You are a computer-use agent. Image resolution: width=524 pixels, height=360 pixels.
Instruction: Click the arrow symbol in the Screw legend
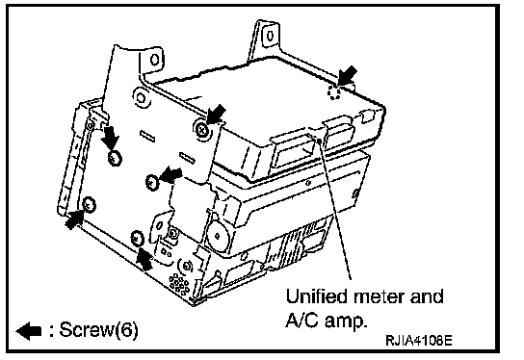pyautogui.click(x=29, y=331)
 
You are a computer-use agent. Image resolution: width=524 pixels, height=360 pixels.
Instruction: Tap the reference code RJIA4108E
pyautogui.click(x=419, y=341)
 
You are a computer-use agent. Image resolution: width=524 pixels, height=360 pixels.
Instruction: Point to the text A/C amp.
pyautogui.click(x=326, y=321)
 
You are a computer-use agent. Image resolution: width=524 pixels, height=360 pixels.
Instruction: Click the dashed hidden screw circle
pyautogui.click(x=334, y=91)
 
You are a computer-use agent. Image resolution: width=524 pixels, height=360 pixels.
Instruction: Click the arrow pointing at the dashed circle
pyautogui.click(x=348, y=75)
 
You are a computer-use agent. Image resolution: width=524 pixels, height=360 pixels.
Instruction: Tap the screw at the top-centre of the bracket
pyautogui.click(x=201, y=129)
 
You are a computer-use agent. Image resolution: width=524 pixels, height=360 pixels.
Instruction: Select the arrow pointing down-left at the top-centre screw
pyautogui.click(x=216, y=114)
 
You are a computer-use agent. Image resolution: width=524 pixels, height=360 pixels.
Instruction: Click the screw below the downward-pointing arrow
pyautogui.click(x=115, y=157)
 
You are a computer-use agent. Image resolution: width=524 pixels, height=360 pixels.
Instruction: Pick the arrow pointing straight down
pyautogui.click(x=110, y=138)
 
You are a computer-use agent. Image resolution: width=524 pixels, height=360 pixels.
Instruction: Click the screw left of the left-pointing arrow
pyautogui.click(x=152, y=182)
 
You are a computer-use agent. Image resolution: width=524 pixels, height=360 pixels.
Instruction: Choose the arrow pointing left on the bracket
pyautogui.click(x=171, y=174)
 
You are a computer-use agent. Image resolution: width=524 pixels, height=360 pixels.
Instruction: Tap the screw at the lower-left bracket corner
pyautogui.click(x=89, y=205)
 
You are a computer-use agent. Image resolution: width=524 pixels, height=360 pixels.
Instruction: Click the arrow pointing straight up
pyautogui.click(x=144, y=259)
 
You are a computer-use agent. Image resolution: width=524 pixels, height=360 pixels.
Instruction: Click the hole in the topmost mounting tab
pyautogui.click(x=270, y=36)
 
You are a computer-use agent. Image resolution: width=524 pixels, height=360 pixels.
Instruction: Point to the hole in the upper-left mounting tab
pyautogui.click(x=154, y=60)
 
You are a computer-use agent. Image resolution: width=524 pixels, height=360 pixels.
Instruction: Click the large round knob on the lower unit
pyautogui.click(x=217, y=236)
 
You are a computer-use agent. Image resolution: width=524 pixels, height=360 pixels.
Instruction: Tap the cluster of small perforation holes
pyautogui.click(x=179, y=283)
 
